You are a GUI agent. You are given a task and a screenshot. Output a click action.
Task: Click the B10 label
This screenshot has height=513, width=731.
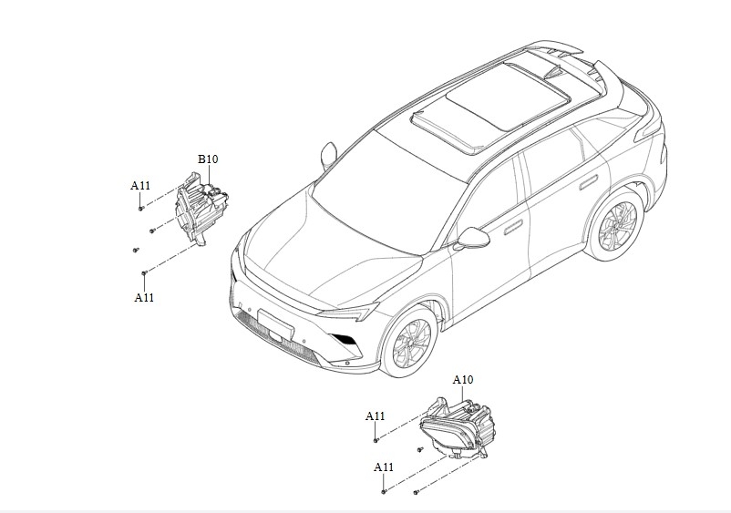click(x=208, y=159)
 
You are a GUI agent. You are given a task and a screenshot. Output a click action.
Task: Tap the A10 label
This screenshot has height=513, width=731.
click(x=463, y=379)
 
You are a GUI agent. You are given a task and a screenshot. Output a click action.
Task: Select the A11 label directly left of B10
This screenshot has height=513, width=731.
click(x=140, y=186)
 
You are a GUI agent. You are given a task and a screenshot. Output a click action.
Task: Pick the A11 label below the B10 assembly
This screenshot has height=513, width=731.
click(x=144, y=297)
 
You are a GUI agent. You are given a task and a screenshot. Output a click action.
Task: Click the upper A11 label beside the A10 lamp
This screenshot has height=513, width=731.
click(x=376, y=416)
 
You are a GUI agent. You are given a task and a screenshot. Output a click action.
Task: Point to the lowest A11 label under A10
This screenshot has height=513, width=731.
click(x=384, y=467)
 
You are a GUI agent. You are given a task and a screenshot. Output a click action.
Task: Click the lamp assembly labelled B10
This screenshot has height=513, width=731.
click(x=202, y=210)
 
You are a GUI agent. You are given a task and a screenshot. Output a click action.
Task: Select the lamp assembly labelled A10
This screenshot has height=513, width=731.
click(x=455, y=426)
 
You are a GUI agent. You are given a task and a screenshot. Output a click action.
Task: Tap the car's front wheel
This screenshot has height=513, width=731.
click(x=408, y=342)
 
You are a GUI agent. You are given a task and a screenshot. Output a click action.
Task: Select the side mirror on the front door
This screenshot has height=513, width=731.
click(x=474, y=239)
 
